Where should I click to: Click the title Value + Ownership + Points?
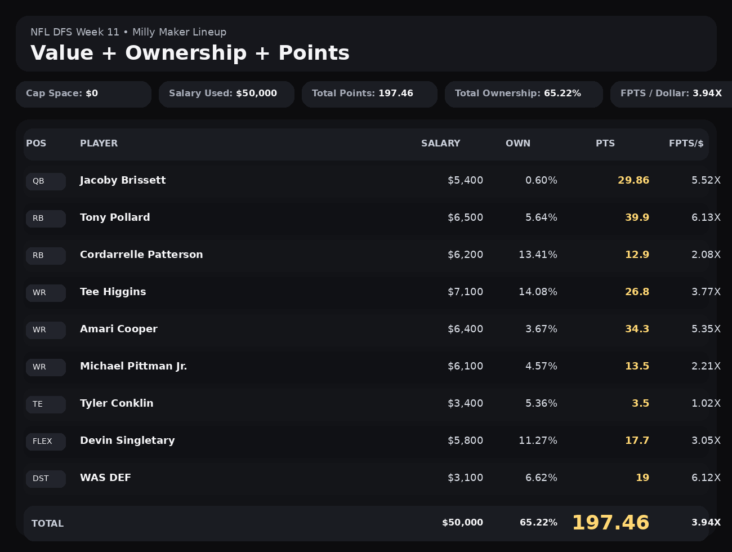190,53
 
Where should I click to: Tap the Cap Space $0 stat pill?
83,94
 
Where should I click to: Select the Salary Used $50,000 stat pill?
226,94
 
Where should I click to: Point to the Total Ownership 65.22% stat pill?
523,94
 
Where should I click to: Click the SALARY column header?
440,144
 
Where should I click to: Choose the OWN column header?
517,144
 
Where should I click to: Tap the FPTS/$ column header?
686,144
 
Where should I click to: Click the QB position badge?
46,181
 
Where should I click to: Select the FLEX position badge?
46,442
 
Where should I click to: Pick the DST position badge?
46,479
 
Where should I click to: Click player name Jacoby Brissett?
123,180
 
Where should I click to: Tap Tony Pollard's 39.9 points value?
637,217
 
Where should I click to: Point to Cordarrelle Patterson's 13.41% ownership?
538,255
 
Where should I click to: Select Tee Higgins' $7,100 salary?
465,292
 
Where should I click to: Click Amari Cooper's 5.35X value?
706,329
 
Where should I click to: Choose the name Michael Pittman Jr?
133,366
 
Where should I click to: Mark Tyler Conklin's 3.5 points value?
640,403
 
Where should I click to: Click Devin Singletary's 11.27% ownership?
538,440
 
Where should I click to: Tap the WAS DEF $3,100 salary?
465,478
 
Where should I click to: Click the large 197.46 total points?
610,523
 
